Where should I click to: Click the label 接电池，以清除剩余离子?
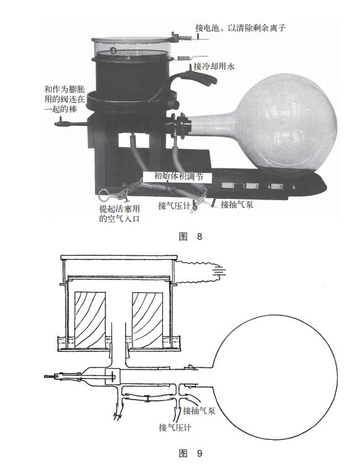pyautogui.click(x=240, y=28)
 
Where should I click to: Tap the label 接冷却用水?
pyautogui.click(x=214, y=66)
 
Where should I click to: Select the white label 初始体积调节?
pyautogui.click(x=178, y=176)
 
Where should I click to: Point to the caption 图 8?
pyautogui.click(x=191, y=237)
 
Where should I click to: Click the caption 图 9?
pyautogui.click(x=191, y=453)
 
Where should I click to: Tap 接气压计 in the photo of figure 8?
pyautogui.click(x=175, y=206)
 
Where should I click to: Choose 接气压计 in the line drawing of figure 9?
pyautogui.click(x=175, y=427)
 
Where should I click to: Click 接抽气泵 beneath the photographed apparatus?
pyautogui.click(x=237, y=204)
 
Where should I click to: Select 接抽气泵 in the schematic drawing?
pyautogui.click(x=200, y=410)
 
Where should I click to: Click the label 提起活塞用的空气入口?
pyautogui.click(x=120, y=214)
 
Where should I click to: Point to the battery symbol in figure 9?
pyautogui.click(x=219, y=272)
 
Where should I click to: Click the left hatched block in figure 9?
pyautogui.click(x=90, y=320)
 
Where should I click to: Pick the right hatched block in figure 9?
pyautogui.click(x=148, y=320)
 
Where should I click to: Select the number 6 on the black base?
pyautogui.click(x=294, y=187)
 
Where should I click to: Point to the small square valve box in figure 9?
pyautogui.click(x=113, y=377)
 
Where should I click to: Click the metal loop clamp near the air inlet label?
pyautogui.click(x=105, y=195)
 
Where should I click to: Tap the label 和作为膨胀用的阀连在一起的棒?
pyautogui.click(x=64, y=99)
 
